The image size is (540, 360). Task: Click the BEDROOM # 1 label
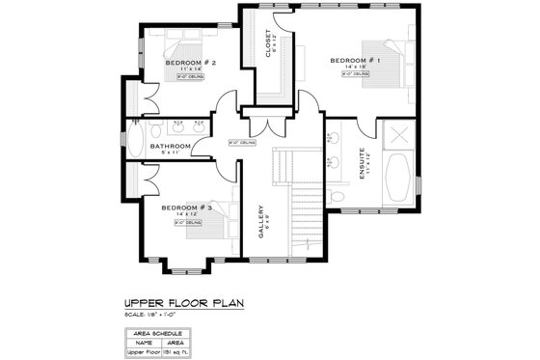pos(355,61)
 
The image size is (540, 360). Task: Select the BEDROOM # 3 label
pos(185,208)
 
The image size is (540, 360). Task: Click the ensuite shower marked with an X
pos(398,136)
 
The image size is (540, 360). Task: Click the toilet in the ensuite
pos(337,195)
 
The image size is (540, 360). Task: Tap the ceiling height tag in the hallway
pos(241,143)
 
